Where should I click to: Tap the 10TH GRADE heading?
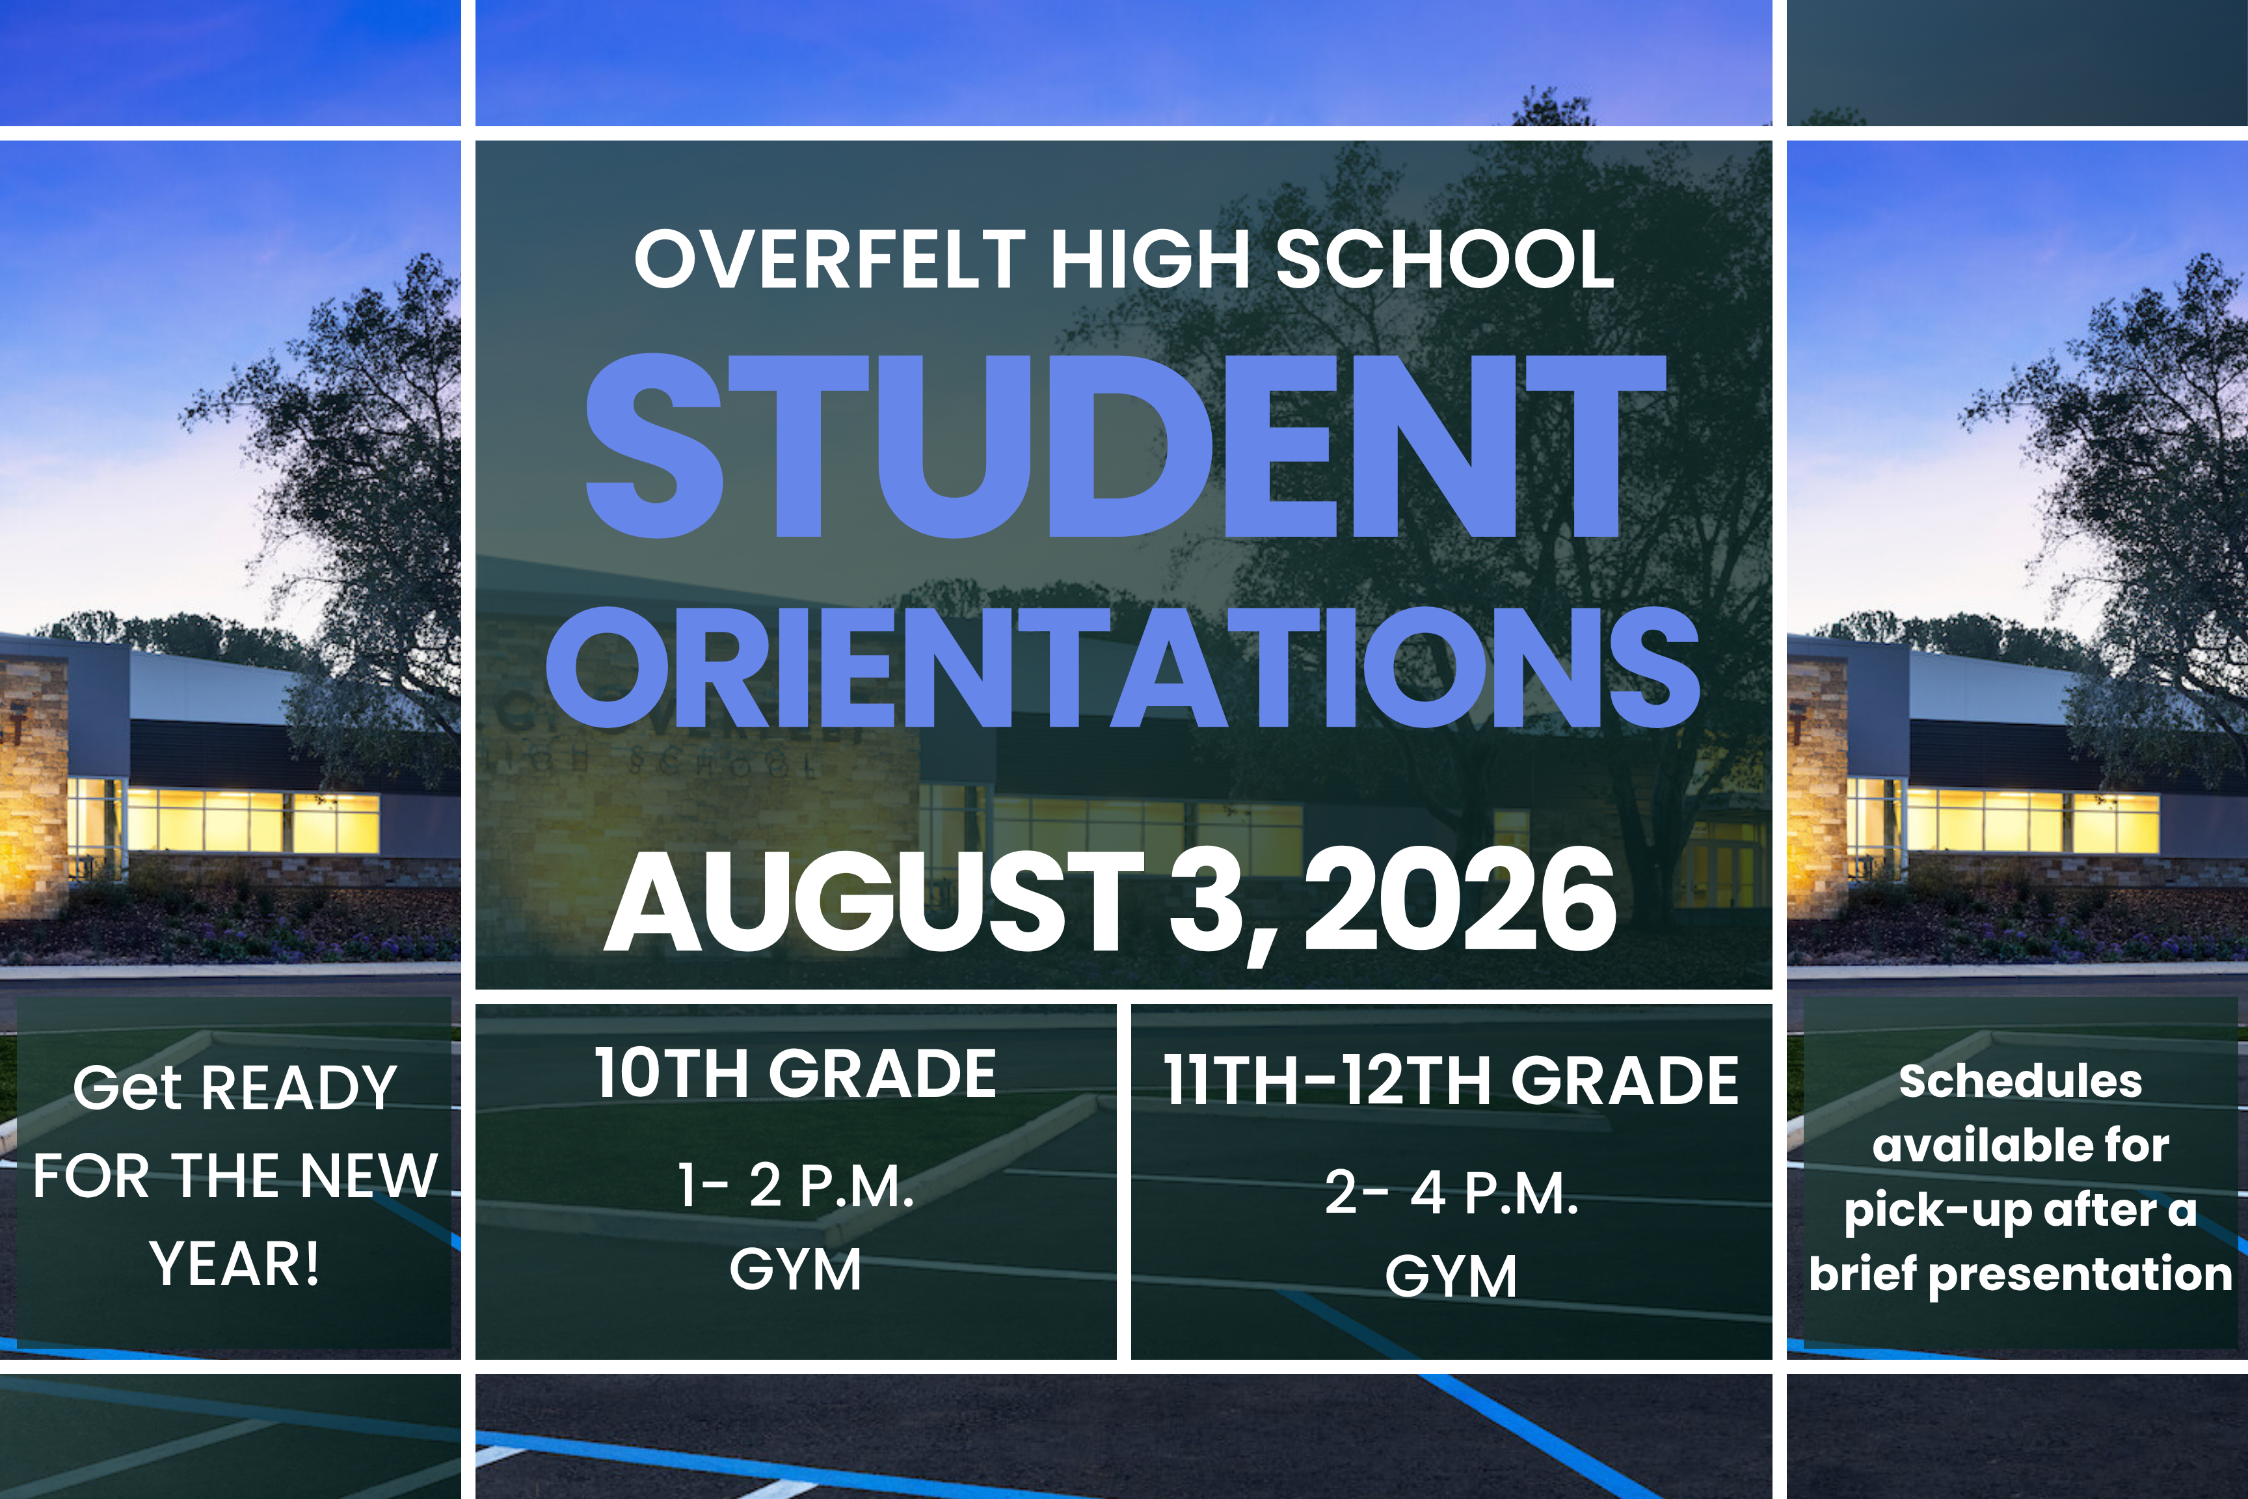pyautogui.click(x=796, y=1073)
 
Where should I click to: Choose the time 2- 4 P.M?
pyautogui.click(x=1451, y=1193)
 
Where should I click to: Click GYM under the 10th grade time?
pyautogui.click(x=796, y=1269)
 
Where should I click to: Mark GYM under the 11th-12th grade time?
pyautogui.click(x=1451, y=1276)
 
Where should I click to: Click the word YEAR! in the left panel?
pyautogui.click(x=234, y=1264)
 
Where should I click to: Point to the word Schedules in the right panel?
pyautogui.click(x=2020, y=1081)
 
